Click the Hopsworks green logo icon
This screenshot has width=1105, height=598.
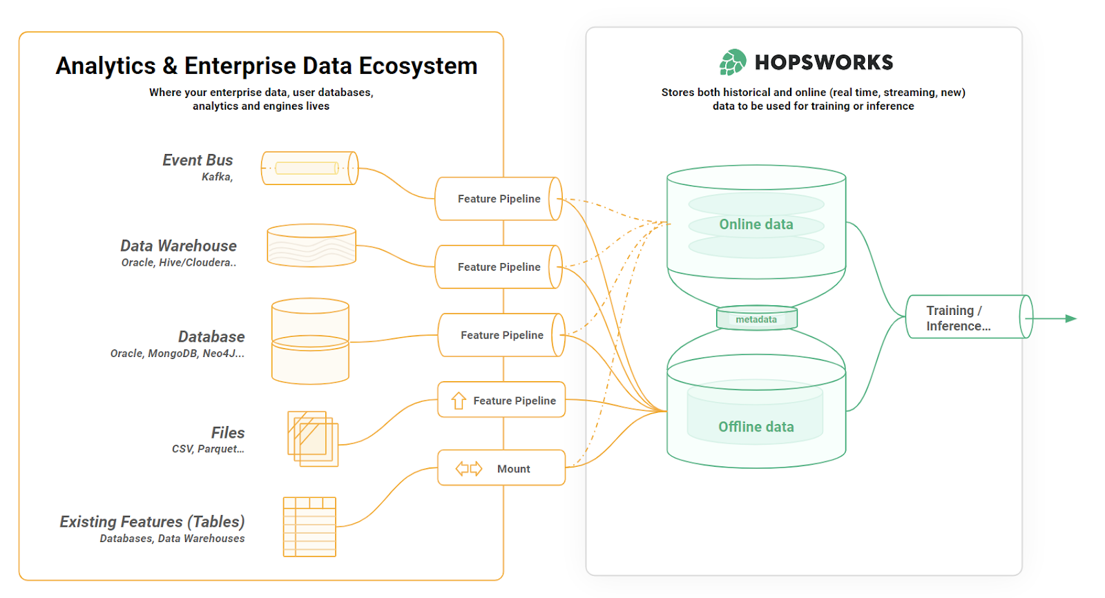[733, 62]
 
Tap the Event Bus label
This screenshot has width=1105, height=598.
[198, 160]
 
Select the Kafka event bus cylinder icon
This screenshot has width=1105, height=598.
[309, 168]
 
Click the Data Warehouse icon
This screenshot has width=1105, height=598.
[311, 246]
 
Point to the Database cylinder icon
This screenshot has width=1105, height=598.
[310, 341]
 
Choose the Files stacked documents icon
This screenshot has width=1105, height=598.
[313, 439]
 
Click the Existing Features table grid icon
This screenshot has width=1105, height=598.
[309, 527]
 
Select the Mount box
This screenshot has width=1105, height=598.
[501, 468]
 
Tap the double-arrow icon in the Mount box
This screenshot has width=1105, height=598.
[468, 469]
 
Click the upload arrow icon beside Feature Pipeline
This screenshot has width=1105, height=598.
[459, 401]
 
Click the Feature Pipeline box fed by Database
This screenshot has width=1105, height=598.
[501, 336]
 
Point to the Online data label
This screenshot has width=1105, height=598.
[756, 224]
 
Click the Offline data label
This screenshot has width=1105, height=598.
[756, 427]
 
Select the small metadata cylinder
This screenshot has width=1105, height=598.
[756, 319]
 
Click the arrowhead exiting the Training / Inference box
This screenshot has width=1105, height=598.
[1070, 318]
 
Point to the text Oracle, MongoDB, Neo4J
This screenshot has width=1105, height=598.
[177, 354]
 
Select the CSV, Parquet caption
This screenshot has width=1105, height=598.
[208, 449]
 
